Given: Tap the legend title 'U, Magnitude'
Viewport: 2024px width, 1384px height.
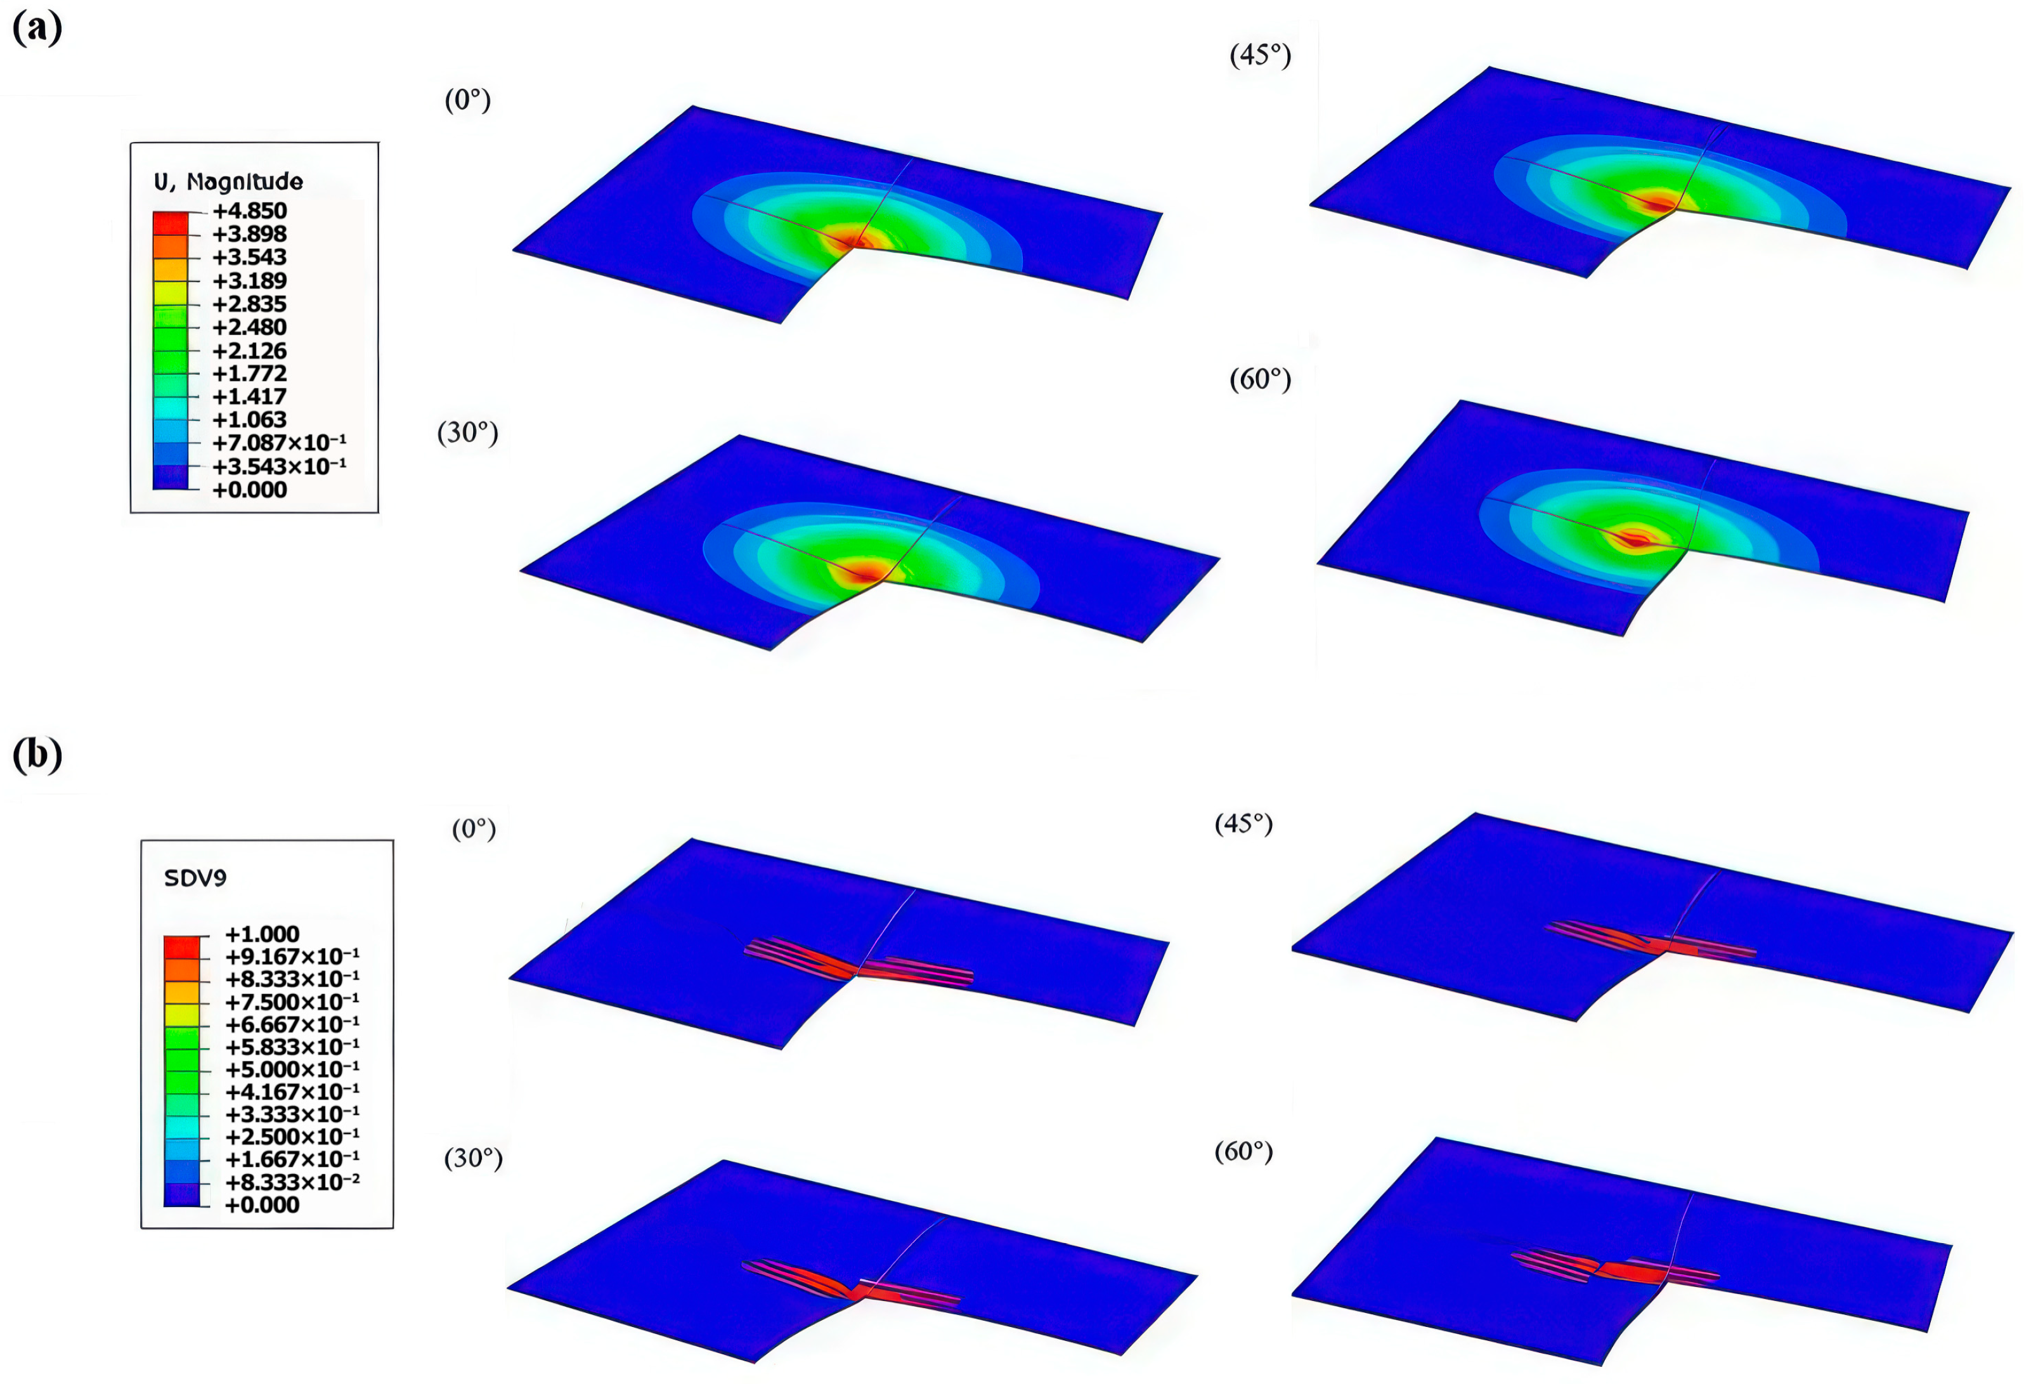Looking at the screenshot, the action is click(x=228, y=182).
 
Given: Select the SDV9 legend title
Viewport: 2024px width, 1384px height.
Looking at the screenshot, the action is click(x=195, y=878).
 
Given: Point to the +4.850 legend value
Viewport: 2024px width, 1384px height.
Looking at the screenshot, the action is click(x=250, y=211).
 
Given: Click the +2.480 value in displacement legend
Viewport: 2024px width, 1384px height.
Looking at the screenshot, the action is click(x=250, y=327).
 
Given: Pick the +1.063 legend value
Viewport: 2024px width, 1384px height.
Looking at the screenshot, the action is click(x=250, y=420).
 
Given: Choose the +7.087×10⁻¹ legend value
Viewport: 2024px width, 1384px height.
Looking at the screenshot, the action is click(x=280, y=443).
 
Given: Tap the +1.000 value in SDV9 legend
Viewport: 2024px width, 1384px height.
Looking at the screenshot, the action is click(x=262, y=934).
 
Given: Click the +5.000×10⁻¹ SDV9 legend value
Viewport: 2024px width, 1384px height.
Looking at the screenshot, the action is click(x=292, y=1069).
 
